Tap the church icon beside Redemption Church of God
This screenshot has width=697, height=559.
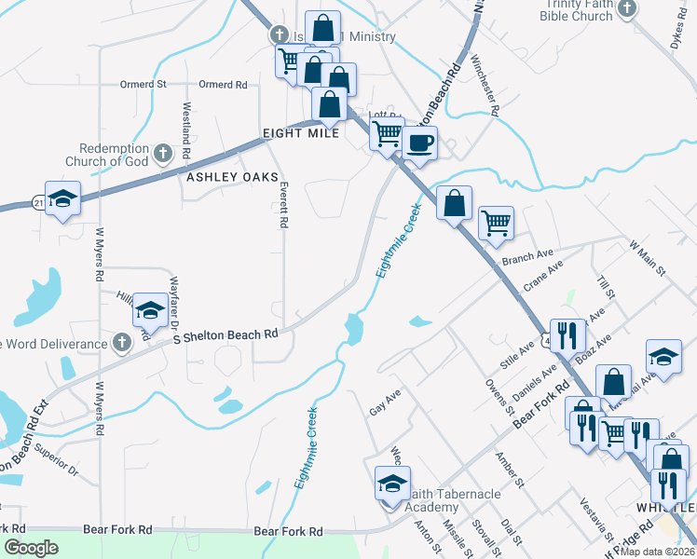pos(162,152)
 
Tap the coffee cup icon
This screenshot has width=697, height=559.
pos(420,143)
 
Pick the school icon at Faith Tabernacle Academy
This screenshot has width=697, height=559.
pos(392,484)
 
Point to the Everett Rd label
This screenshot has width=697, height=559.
pos(280,205)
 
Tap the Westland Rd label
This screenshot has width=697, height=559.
pos(187,129)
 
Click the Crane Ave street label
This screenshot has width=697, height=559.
pos(543,278)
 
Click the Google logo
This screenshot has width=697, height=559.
pos(31,548)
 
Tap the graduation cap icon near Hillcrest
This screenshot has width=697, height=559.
pos(149,310)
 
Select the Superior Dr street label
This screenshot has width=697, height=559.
pos(56,453)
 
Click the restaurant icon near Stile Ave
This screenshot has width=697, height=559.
pos(567,334)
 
